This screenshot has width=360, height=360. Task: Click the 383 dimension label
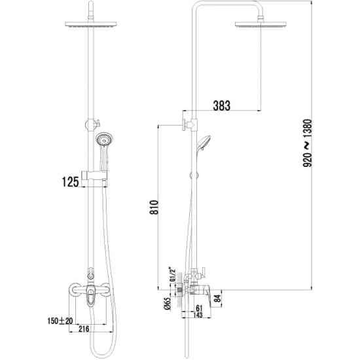pos(222,105)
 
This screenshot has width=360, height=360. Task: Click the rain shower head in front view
pos(92,24)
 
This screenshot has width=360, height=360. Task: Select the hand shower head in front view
pos(103,139)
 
